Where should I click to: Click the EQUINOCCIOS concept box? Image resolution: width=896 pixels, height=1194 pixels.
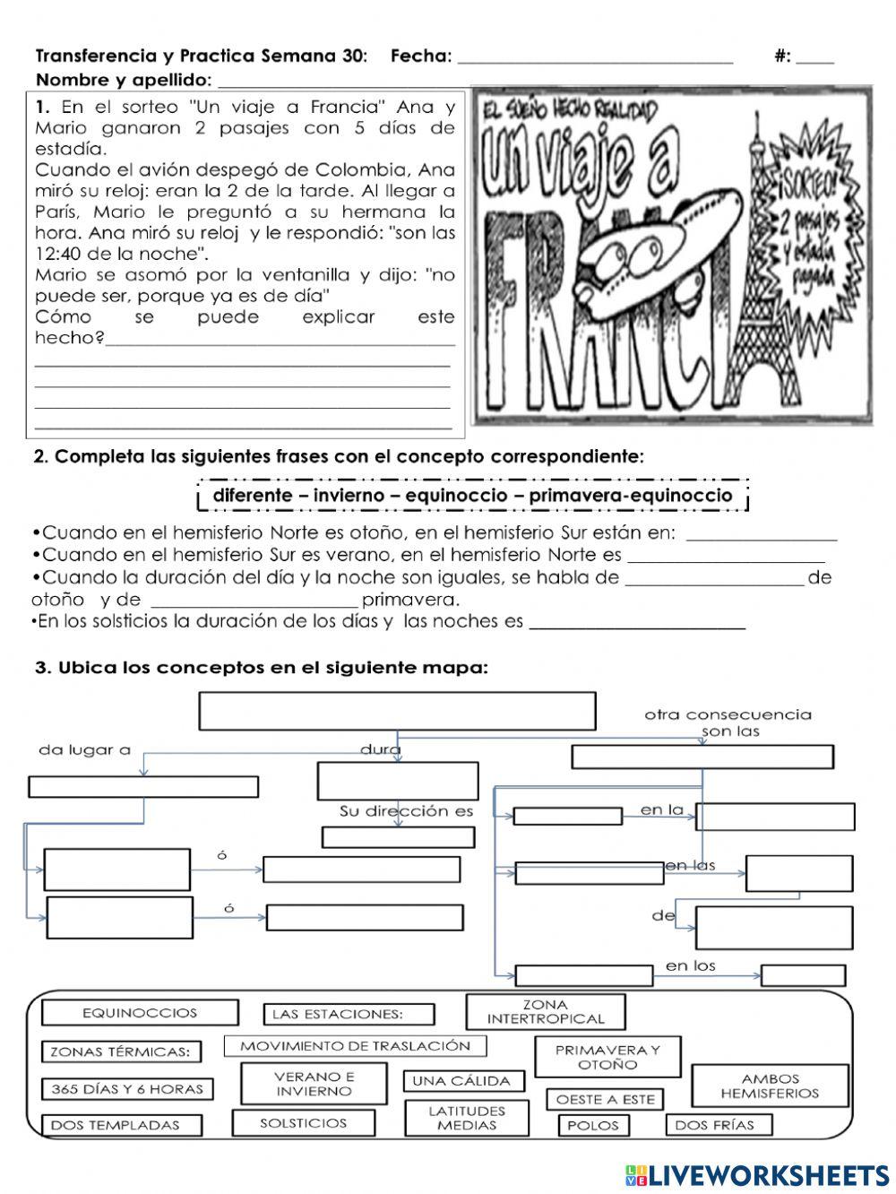140,1013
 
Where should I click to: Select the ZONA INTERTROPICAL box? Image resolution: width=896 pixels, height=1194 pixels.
546,1012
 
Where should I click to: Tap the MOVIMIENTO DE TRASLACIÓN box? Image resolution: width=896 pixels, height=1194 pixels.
355,1046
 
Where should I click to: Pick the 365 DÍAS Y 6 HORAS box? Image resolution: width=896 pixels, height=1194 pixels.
127,1089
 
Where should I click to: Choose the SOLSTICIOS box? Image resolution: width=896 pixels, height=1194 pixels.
303,1122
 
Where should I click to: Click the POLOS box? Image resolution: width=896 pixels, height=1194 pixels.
593,1125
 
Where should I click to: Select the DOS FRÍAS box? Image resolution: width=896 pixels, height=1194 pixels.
714,1125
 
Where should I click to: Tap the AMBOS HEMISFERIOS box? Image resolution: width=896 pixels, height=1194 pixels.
770,1086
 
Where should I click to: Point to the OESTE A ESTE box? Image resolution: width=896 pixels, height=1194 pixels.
606,1099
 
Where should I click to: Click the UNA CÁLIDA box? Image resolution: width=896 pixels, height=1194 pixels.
461,1081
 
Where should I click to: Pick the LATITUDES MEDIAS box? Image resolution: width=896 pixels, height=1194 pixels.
467,1118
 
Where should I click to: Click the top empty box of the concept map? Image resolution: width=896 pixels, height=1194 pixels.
397,711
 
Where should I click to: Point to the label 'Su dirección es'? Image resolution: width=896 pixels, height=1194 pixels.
406,811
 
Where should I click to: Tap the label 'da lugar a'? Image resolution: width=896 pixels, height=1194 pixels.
84,750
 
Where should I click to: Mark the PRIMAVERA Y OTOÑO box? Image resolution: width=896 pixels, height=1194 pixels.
607,1057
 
